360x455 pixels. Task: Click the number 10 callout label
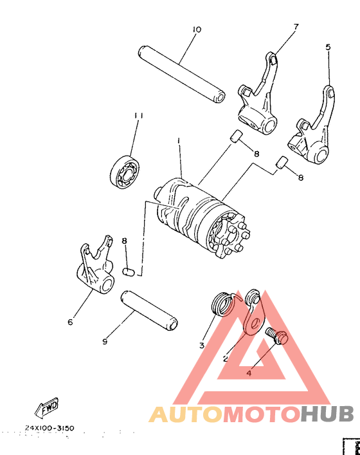pyautogui.click(x=197, y=30)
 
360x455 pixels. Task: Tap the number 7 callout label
pyautogui.click(x=296, y=27)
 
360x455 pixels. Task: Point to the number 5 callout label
pyautogui.click(x=328, y=47)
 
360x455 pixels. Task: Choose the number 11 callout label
pyautogui.click(x=138, y=115)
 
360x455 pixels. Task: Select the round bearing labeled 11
pyautogui.click(x=125, y=169)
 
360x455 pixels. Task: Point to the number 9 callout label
pyautogui.click(x=105, y=342)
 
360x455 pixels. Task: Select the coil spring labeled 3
pyautogui.click(x=222, y=304)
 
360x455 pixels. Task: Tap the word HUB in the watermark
pyautogui.click(x=324, y=413)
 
